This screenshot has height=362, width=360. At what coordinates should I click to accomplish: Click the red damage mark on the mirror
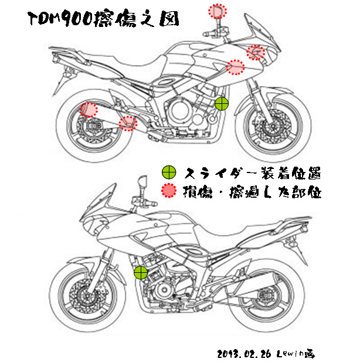[x=217, y=11]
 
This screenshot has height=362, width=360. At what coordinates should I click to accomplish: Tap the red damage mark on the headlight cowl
[x=255, y=53]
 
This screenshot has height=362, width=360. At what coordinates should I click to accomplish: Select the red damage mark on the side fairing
[x=235, y=67]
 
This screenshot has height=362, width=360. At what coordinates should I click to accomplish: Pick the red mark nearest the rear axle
[x=88, y=109]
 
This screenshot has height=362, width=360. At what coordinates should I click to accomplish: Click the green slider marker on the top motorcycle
[x=222, y=104]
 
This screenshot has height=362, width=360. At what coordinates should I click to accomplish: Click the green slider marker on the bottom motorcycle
[x=141, y=272]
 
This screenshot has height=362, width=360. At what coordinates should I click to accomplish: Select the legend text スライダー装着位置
[x=252, y=172]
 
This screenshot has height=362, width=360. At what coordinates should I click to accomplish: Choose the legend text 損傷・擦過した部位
[x=252, y=191]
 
